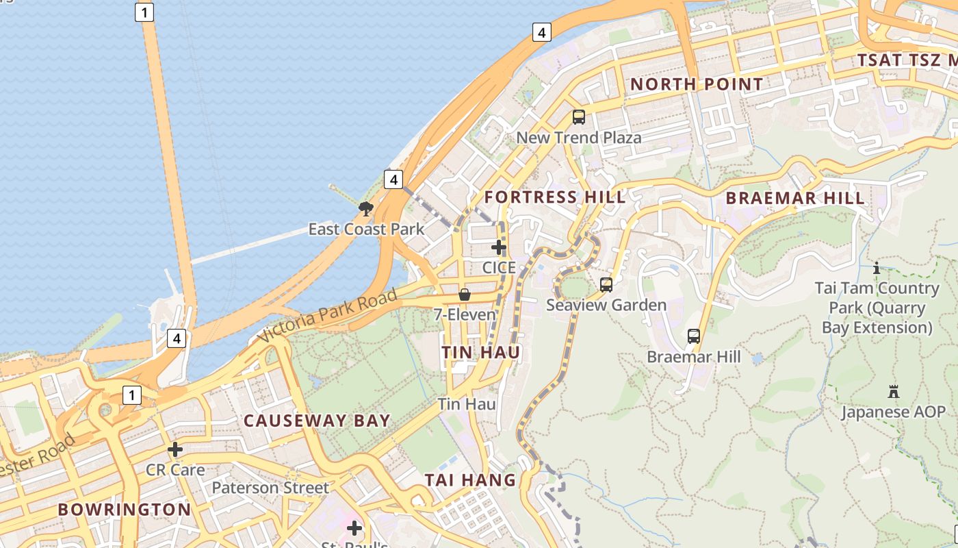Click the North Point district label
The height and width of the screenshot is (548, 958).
(x=696, y=84)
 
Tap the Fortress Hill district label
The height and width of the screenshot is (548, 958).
(x=554, y=197)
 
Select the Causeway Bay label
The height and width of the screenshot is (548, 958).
(x=317, y=421)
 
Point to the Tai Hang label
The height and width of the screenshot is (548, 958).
(x=470, y=480)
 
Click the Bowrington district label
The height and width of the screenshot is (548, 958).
(x=125, y=510)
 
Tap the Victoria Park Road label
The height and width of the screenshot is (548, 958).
(x=328, y=316)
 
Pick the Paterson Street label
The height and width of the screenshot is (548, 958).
(x=270, y=488)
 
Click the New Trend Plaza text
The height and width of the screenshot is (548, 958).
(x=579, y=137)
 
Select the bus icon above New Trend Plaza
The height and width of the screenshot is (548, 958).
(x=579, y=117)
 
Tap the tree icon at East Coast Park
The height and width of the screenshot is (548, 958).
(x=366, y=208)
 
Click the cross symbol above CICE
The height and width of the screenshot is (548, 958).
(x=499, y=247)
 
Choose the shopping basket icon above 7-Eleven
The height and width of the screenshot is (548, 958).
(x=465, y=295)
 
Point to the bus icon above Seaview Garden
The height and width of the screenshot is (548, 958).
(x=606, y=284)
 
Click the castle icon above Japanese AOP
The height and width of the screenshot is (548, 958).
(x=893, y=392)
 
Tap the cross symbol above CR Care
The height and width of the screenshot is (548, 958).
(x=175, y=449)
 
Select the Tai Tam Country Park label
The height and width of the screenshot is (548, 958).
(x=877, y=308)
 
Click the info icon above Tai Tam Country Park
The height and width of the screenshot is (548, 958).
(x=877, y=268)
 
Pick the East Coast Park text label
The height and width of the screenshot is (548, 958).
(x=366, y=229)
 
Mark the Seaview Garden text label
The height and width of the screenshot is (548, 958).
(x=606, y=305)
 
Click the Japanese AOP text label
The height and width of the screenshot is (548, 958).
(x=893, y=412)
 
